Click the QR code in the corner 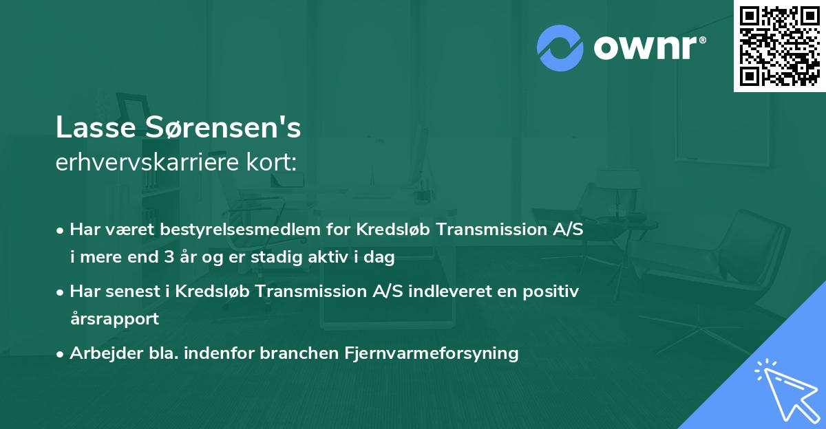coord(779,45)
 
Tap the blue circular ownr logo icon coord(560,47)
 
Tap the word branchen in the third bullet coord(297,353)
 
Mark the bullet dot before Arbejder coord(61,354)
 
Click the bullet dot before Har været coord(61,230)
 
